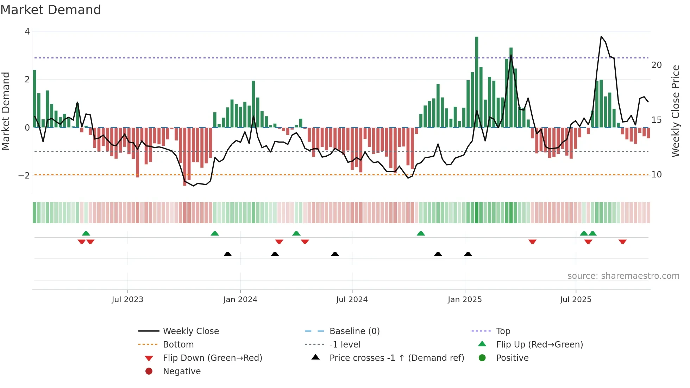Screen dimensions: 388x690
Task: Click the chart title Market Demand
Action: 51,10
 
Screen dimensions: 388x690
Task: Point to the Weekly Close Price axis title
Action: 676,111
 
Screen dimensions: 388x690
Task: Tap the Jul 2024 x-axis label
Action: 352,300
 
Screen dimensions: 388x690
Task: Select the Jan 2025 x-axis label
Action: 465,300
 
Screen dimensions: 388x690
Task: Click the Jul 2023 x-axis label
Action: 127,300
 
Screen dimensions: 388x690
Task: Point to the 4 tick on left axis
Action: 27,32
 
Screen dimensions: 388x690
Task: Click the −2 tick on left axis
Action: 24,175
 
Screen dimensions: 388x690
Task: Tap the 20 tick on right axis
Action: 657,65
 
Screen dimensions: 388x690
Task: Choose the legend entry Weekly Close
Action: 190,331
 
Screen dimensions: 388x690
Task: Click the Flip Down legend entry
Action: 212,358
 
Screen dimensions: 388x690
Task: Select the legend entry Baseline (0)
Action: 354,331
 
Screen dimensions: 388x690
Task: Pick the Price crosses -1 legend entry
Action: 396,358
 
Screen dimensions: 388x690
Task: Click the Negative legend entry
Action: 182,371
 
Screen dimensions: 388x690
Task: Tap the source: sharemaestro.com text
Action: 623,276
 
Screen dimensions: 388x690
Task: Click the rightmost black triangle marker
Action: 468,254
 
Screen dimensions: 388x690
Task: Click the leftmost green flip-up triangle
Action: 86,233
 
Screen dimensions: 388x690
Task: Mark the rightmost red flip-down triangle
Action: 622,242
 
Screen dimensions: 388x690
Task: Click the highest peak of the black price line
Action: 601,37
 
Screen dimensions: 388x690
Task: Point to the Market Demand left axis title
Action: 6,111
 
